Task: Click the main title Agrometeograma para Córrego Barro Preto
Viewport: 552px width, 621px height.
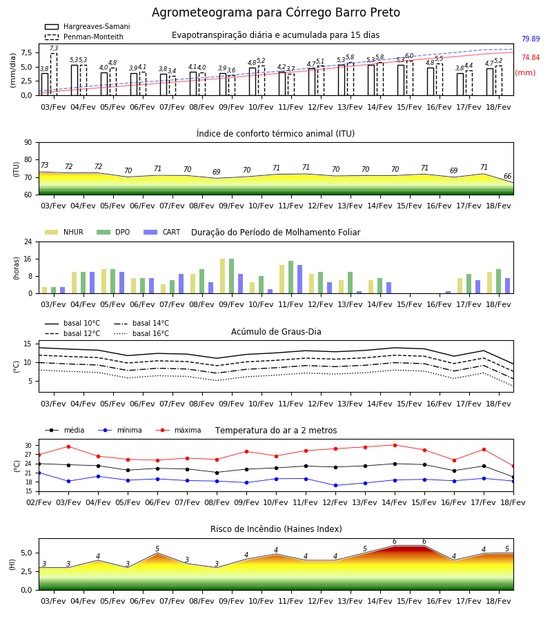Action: pyautogui.click(x=275, y=12)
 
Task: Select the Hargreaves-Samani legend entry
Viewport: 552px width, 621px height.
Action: pyautogui.click(x=87, y=26)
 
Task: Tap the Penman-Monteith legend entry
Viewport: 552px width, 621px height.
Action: pyautogui.click(x=84, y=37)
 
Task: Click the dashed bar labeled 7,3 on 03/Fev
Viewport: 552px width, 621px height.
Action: pyautogui.click(x=53, y=75)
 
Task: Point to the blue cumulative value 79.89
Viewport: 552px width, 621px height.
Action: pyautogui.click(x=531, y=39)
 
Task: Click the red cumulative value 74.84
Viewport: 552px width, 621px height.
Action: pyautogui.click(x=531, y=57)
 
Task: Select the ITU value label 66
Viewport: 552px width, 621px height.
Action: pyautogui.click(x=507, y=176)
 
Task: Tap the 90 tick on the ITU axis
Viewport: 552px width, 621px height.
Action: pyautogui.click(x=28, y=143)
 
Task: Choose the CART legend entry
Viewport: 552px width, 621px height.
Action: pyautogui.click(x=161, y=232)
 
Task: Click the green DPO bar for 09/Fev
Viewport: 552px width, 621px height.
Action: pyautogui.click(x=231, y=276)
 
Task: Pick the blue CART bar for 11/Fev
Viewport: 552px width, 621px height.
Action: pyautogui.click(x=299, y=279)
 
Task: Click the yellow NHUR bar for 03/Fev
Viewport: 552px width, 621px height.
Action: pyautogui.click(x=44, y=290)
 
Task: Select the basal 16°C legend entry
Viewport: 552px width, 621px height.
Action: pyautogui.click(x=141, y=333)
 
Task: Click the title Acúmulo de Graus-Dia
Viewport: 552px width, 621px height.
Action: pyautogui.click(x=276, y=332)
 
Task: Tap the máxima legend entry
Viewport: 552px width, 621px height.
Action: pyautogui.click(x=178, y=430)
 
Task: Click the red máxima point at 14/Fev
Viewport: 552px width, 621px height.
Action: pyautogui.click(x=395, y=445)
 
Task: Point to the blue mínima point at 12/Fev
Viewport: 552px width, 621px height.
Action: pyautogui.click(x=336, y=486)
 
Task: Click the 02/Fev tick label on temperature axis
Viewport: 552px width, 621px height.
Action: pyautogui.click(x=39, y=502)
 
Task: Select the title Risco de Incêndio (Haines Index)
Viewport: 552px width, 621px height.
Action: pyautogui.click(x=276, y=529)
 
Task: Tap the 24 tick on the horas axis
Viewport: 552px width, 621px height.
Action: pyautogui.click(x=28, y=241)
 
